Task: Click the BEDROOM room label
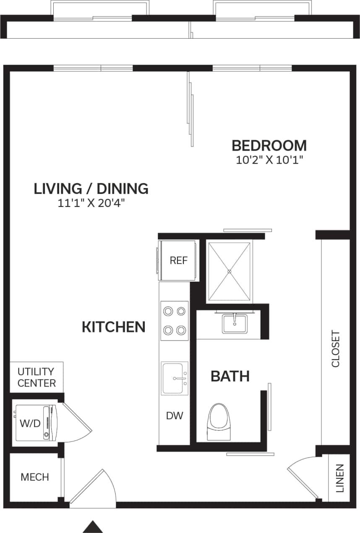(x=269, y=146)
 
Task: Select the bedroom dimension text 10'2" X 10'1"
(x=269, y=159)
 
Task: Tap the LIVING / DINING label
(x=91, y=189)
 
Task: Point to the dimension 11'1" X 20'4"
(x=91, y=204)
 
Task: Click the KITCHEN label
(x=113, y=327)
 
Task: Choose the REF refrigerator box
(x=178, y=260)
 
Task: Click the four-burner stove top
(x=175, y=321)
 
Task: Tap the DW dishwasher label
(x=175, y=416)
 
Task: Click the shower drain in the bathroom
(x=230, y=272)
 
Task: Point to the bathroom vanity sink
(x=234, y=324)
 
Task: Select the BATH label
(x=230, y=376)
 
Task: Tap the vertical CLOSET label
(x=336, y=349)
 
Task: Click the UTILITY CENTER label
(x=36, y=377)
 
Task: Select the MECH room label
(x=35, y=477)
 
